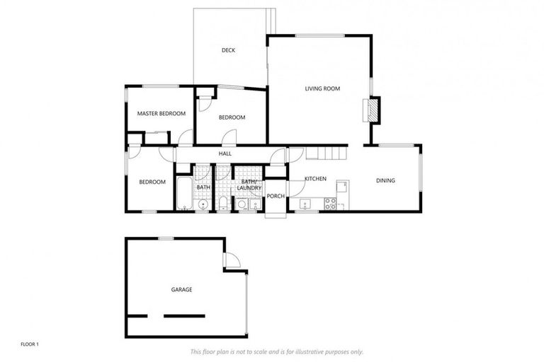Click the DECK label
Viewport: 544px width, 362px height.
click(228, 50)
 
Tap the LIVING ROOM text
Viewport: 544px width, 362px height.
click(322, 89)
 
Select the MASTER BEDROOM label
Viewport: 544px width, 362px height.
click(161, 114)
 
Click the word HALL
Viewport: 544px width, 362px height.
click(225, 153)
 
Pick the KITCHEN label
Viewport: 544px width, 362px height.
click(315, 179)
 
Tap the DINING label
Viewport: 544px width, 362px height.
click(385, 181)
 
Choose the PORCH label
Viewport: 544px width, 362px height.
click(275, 197)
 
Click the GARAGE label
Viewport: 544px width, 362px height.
click(181, 290)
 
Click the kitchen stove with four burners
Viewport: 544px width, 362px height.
click(330, 204)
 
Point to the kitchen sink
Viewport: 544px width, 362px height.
click(305, 205)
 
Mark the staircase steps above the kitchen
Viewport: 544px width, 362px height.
click(331, 153)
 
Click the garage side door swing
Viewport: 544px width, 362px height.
click(232, 262)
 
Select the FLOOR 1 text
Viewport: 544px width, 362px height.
click(29, 344)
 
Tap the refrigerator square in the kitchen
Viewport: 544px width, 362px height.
click(342, 187)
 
